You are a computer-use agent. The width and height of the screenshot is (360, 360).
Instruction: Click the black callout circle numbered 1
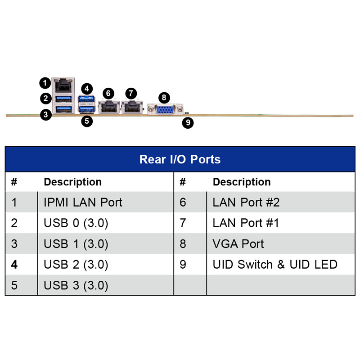[45, 83]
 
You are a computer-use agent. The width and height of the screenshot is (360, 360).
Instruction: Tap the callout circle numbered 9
[188, 122]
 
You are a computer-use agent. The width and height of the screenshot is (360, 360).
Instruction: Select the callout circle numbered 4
[87, 89]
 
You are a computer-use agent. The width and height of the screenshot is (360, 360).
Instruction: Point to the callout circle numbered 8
[164, 97]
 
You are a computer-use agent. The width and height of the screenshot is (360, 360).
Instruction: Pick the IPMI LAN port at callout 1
[63, 84]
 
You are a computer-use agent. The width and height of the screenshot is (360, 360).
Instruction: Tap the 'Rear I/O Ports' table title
[180, 159]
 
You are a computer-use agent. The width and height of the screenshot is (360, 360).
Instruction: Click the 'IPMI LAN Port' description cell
[83, 202]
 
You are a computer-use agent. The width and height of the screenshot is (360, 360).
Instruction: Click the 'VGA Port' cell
[238, 244]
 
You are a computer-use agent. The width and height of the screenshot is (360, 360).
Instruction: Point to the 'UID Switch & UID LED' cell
[275, 265]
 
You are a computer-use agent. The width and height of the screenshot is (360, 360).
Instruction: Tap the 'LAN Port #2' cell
[246, 202]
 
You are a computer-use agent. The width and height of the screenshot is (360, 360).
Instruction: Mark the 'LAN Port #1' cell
[246, 223]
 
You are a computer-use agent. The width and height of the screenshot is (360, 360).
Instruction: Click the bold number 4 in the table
[14, 265]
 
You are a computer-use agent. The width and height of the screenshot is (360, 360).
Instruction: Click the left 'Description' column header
[72, 182]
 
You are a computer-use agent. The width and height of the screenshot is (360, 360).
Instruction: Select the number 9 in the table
[183, 265]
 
